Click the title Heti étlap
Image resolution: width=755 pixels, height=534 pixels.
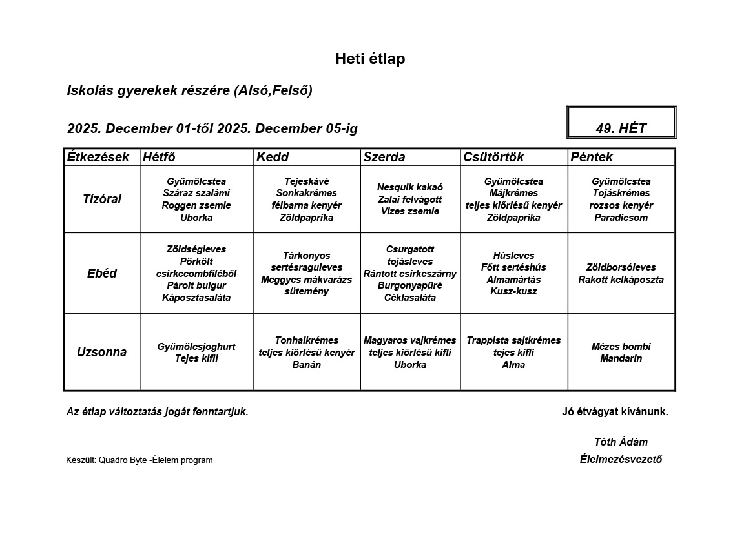tap(370, 59)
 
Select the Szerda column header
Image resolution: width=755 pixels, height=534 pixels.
tap(384, 157)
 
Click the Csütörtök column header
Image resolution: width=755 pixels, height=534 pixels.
tap(493, 157)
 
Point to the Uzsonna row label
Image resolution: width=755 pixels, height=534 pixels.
tap(101, 352)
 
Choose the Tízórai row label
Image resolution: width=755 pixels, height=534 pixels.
tap(101, 199)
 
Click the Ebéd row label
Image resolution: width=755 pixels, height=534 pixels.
tap(101, 273)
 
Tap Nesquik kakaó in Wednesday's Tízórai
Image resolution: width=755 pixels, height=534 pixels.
tap(410, 187)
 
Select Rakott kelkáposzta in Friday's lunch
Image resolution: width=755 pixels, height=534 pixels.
tap(621, 280)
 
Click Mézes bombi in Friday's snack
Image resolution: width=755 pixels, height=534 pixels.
tap(621, 347)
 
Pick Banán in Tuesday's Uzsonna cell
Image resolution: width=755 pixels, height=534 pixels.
tap(307, 365)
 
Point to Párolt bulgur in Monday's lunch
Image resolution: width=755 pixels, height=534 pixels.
tap(196, 285)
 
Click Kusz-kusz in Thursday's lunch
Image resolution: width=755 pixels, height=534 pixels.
tap(513, 291)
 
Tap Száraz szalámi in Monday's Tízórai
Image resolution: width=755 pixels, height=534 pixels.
tap(196, 193)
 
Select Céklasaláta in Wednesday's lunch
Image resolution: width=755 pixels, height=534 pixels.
tap(410, 298)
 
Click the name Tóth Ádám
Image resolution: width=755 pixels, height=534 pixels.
tap(621, 442)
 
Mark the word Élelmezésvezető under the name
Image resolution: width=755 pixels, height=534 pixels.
tap(621, 460)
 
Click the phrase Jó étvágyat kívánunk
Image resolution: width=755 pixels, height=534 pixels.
tap(615, 412)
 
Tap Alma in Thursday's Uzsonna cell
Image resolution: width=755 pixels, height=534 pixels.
tap(513, 365)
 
